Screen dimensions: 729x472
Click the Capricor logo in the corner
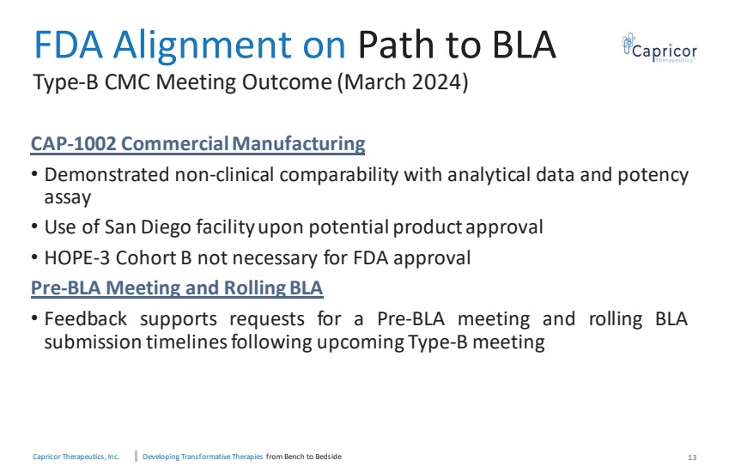(x=659, y=48)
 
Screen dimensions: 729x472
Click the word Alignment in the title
(x=203, y=45)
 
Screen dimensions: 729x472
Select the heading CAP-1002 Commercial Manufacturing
(x=197, y=143)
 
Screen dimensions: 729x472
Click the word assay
(x=68, y=198)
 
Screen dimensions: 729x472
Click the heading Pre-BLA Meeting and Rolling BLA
(x=177, y=287)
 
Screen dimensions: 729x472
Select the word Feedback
(x=85, y=318)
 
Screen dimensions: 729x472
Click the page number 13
(x=692, y=457)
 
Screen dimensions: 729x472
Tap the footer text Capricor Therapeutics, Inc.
(x=76, y=457)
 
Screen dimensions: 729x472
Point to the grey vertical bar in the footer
(x=136, y=457)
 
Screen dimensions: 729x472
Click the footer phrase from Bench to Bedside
(x=304, y=457)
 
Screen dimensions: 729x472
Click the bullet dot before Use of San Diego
(x=34, y=227)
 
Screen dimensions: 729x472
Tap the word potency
(x=653, y=176)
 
